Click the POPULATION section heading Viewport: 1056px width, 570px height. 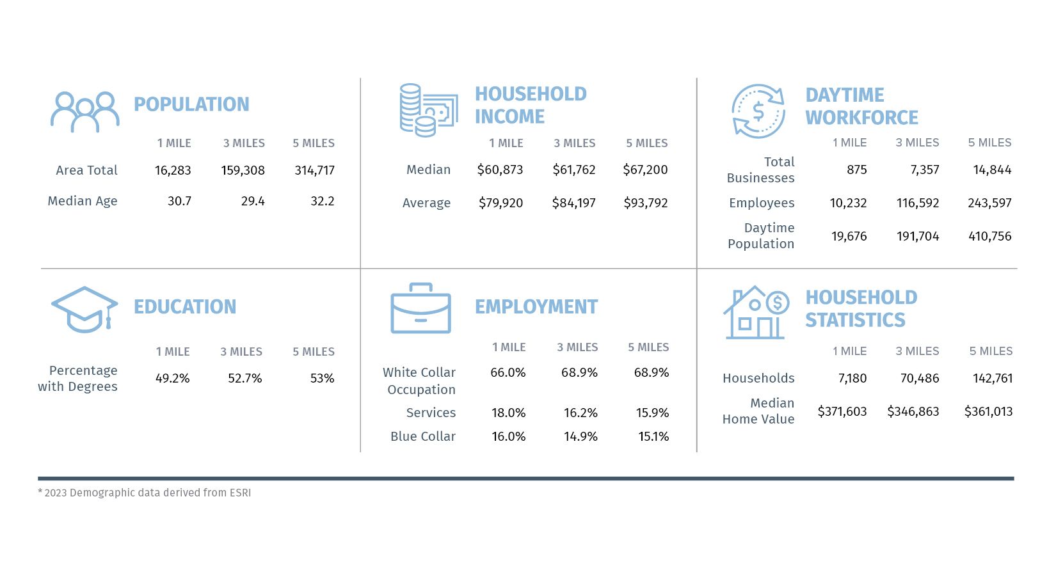pos(191,104)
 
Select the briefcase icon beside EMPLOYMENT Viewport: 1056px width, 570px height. pos(420,308)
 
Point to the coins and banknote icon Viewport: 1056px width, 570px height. pos(428,110)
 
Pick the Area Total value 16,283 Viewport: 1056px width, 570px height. pos(173,170)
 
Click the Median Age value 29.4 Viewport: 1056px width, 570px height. pos(253,201)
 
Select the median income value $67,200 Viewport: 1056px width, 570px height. pos(645,170)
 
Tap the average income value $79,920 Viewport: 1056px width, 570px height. pos(500,203)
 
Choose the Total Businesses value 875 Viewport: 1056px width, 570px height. pos(856,170)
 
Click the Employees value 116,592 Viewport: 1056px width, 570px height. pos(918,203)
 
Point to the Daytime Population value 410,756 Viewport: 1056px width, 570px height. pos(989,236)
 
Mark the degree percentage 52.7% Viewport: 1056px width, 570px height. pos(245,378)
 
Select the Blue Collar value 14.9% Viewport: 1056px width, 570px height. pos(580,436)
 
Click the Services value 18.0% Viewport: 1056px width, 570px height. pos(508,413)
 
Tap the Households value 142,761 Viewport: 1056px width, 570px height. pos(993,378)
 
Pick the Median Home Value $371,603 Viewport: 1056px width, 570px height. pos(842,411)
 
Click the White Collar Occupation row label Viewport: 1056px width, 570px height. pos(420,381)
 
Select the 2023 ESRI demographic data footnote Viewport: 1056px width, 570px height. pos(145,493)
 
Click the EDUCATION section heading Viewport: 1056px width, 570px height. pos(185,307)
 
